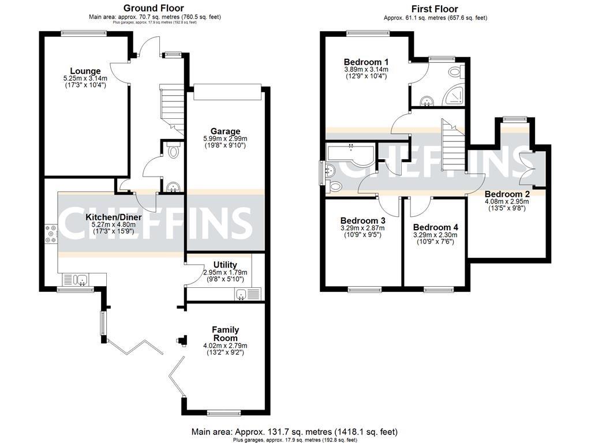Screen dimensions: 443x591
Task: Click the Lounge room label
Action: coord(85,71)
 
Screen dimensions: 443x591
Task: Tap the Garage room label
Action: coord(225,131)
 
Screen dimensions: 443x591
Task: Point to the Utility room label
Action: coord(225,265)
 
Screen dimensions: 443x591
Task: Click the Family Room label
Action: coord(225,333)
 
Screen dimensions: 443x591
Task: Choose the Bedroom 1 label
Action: coord(366,62)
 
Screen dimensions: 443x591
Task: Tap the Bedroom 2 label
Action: coord(507,194)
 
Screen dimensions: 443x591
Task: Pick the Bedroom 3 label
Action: coord(362,220)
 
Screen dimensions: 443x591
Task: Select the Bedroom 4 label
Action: coord(435,227)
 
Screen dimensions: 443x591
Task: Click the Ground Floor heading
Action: coord(154,8)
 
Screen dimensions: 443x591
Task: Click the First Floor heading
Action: coord(435,9)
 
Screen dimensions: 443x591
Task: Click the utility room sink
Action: coord(241,294)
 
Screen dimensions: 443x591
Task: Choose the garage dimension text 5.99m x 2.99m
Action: coord(225,138)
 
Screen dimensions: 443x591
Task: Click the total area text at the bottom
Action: coord(295,431)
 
